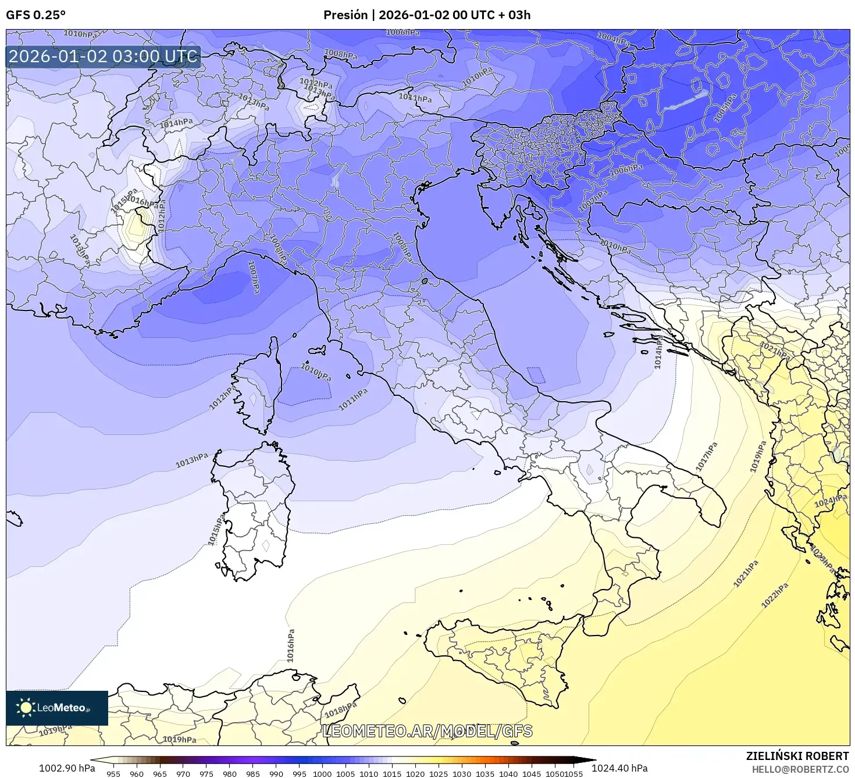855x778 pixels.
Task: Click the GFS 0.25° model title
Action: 36,15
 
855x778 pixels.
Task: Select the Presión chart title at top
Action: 427,15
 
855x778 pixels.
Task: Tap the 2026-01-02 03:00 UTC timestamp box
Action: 104,56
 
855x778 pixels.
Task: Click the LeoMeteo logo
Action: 57,708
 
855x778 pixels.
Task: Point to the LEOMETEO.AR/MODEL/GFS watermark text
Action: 427,731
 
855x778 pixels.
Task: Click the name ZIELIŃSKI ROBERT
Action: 797,756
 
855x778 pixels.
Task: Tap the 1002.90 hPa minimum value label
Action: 67,768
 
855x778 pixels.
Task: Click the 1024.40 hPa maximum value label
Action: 619,768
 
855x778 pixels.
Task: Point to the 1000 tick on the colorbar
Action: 322,773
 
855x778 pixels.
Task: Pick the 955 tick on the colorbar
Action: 113,773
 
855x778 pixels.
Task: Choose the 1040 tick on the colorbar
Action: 508,773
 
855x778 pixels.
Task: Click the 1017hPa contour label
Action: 707,456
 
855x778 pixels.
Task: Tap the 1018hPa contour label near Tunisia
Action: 340,709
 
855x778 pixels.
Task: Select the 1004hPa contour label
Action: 613,39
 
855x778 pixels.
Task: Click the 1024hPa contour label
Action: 830,501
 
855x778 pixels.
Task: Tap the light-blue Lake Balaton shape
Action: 686,101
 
